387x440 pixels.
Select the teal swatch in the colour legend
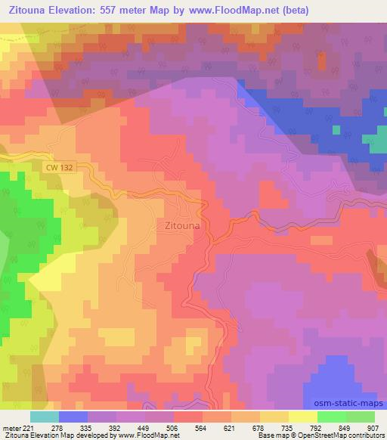click(x=45, y=417)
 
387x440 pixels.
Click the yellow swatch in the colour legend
click(x=303, y=417)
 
